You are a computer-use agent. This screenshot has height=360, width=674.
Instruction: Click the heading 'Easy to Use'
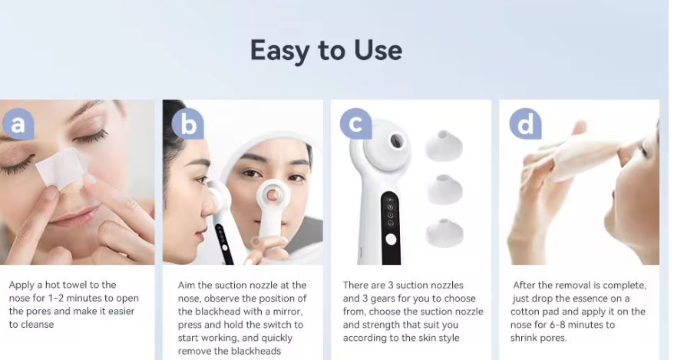pos(326,51)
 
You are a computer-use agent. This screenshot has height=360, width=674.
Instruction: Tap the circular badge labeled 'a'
pos(18,124)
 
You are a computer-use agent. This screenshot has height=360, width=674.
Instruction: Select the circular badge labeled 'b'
pos(188,124)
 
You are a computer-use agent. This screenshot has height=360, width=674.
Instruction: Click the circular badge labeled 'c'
pos(356,124)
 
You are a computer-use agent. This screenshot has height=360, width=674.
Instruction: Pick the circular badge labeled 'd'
pos(525,124)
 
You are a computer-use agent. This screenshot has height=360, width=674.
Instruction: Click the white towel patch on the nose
pos(60,168)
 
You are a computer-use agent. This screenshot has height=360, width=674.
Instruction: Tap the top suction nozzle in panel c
pos(444,145)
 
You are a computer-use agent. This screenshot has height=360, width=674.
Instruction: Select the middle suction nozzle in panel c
pos(444,190)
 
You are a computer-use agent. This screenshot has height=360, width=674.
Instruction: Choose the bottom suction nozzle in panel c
pos(444,233)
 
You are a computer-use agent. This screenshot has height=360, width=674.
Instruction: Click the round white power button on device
pos(391,239)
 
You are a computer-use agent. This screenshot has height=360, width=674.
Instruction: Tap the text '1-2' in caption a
pos(56,298)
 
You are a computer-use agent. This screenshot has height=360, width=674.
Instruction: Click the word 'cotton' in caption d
pos(526,312)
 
